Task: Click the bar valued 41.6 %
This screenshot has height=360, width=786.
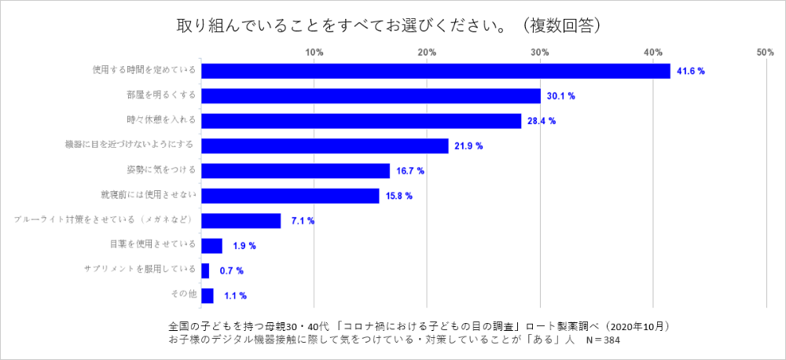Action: click(436, 71)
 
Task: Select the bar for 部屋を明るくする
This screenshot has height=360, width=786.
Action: click(371, 96)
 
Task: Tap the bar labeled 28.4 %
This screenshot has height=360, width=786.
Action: click(362, 121)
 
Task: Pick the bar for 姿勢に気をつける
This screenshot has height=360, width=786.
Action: click(296, 171)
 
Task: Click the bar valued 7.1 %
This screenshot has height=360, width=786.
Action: click(241, 221)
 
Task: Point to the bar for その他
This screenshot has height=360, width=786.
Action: click(208, 296)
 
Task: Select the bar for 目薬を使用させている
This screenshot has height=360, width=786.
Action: click(212, 246)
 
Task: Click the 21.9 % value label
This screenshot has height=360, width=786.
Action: click(468, 146)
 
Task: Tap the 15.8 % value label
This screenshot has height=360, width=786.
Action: click(399, 196)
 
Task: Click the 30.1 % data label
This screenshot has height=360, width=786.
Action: click(560, 96)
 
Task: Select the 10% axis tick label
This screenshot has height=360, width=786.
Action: click(314, 52)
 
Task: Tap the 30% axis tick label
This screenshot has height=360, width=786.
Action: click(540, 52)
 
